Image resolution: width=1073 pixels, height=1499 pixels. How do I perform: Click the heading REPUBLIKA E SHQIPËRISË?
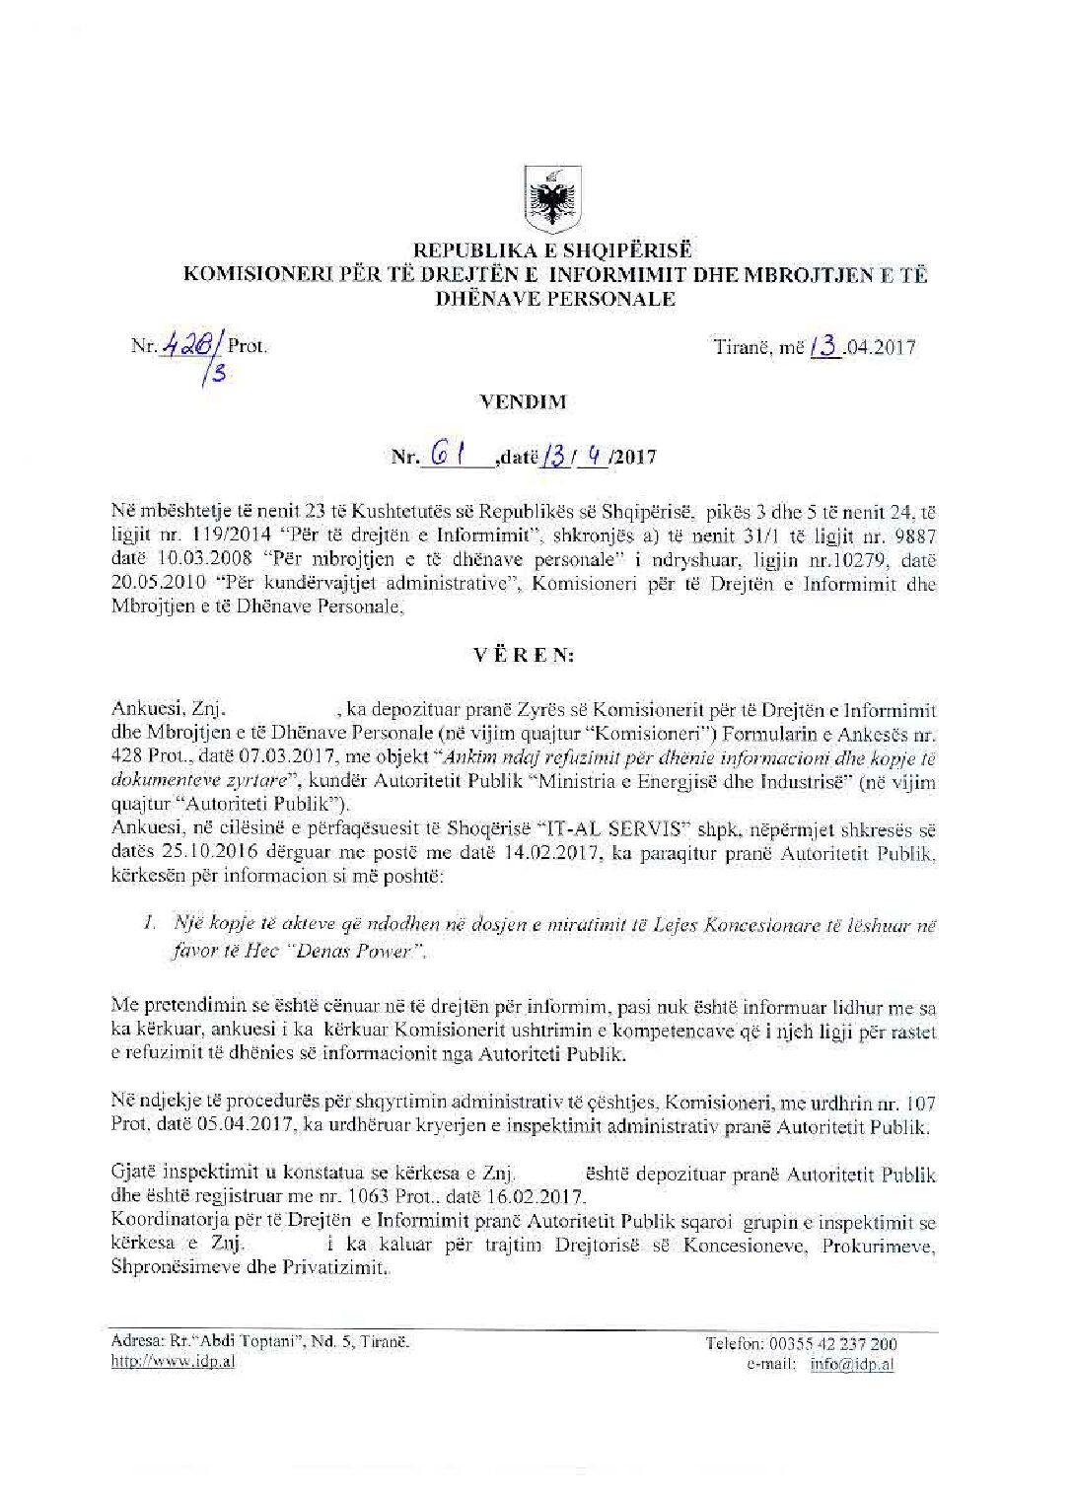pyautogui.click(x=553, y=251)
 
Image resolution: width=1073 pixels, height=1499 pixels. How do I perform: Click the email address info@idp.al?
pyautogui.click(x=853, y=1365)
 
